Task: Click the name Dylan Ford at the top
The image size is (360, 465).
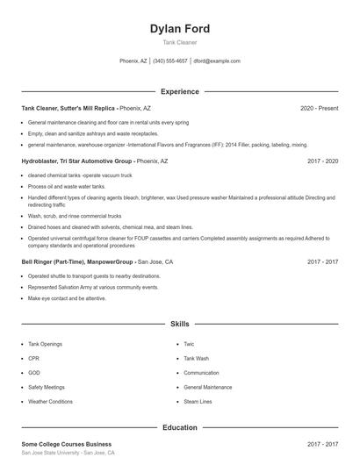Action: [180, 29]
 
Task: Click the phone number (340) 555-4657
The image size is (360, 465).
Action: [170, 61]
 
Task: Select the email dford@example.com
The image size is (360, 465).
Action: [217, 61]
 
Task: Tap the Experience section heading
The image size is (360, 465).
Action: [180, 91]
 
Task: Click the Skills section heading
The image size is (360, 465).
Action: [180, 324]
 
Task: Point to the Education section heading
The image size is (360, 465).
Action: [180, 427]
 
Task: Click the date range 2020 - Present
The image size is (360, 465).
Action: [319, 108]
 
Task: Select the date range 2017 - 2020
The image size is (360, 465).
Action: [322, 161]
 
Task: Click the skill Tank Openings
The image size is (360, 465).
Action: [45, 344]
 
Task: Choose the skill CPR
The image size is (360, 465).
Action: [33, 358]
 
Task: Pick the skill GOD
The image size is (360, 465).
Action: [34, 373]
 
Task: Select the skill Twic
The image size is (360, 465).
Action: [189, 344]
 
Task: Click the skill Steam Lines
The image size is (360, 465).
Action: [198, 402]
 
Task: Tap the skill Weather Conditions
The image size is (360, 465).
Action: [50, 402]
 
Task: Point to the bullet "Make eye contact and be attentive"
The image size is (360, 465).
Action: [67, 298]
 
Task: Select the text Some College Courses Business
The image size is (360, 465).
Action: [67, 444]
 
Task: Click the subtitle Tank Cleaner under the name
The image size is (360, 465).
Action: [180, 42]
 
